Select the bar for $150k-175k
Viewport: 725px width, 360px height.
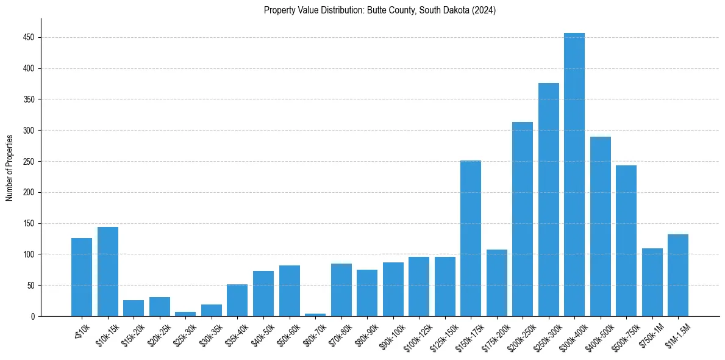[x=471, y=238]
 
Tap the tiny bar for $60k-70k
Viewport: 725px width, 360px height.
[x=315, y=315]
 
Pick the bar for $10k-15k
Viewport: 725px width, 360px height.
[x=108, y=272]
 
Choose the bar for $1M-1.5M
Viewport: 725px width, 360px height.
[x=678, y=275]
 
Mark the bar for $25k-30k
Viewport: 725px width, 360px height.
[x=185, y=314]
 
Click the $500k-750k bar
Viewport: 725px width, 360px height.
[x=626, y=240]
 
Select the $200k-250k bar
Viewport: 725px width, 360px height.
[x=523, y=219]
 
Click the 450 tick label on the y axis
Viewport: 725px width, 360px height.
[x=27, y=38]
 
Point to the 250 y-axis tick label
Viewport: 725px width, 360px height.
[x=27, y=162]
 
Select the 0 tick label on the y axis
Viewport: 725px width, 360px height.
[x=32, y=316]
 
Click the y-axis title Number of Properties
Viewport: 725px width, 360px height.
[x=10, y=168]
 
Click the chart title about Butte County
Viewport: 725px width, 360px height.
[x=380, y=10]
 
